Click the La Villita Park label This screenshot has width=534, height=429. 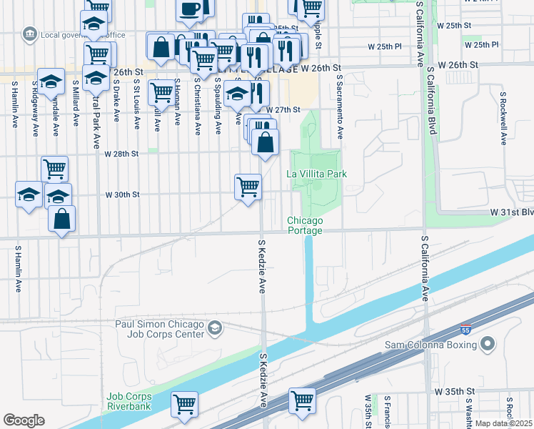(316, 174)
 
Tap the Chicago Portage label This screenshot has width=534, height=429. (305, 225)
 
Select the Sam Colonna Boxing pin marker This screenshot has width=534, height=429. (488, 345)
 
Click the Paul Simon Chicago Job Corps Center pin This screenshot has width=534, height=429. (215, 328)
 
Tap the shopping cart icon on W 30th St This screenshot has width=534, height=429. (248, 187)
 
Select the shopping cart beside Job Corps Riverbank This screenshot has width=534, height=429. (185, 404)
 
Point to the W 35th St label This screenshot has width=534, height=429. (455, 392)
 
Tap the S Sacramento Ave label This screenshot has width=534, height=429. (341, 107)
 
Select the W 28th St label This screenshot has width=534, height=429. (121, 154)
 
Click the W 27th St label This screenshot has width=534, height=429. (282, 110)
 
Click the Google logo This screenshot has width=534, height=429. (24, 420)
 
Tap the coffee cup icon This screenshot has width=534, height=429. (190, 9)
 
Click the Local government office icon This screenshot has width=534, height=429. (29, 34)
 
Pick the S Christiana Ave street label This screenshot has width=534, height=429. (197, 106)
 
